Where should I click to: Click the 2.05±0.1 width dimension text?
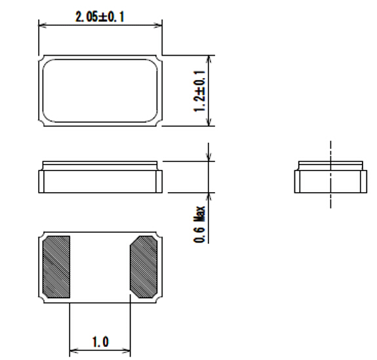click(x=100, y=17)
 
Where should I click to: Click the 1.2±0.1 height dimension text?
click(x=199, y=91)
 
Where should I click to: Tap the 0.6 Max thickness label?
click(x=199, y=224)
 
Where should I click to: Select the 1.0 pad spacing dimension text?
click(x=100, y=342)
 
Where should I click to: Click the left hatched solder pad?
click(x=56, y=267)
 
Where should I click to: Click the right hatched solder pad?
click(x=144, y=267)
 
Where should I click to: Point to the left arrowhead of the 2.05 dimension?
click(x=43, y=25)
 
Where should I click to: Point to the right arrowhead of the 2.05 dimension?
click(x=158, y=25)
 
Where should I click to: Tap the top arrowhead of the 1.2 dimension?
click(x=209, y=60)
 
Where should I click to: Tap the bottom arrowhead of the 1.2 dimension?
click(x=209, y=122)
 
